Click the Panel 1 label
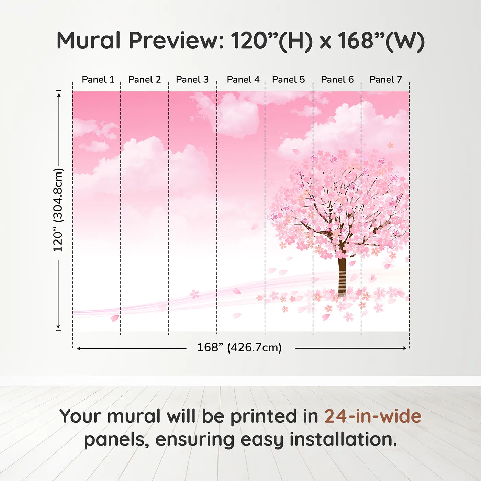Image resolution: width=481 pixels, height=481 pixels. [98, 80]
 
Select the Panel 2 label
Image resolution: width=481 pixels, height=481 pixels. [144, 80]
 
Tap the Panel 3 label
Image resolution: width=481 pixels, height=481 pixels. [192, 80]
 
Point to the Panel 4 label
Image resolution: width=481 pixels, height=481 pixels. [243, 80]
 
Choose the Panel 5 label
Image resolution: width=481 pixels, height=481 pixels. [288, 80]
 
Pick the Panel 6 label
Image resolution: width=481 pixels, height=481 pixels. [337, 80]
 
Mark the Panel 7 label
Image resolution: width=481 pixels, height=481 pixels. [385, 80]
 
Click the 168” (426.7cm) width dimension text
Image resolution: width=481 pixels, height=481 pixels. [239, 348]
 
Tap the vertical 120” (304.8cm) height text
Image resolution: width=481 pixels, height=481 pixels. [58, 210]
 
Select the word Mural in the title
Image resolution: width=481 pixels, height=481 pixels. [88, 41]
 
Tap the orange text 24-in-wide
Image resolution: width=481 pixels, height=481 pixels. [373, 416]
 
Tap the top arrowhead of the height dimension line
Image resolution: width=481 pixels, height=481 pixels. [59, 94]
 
